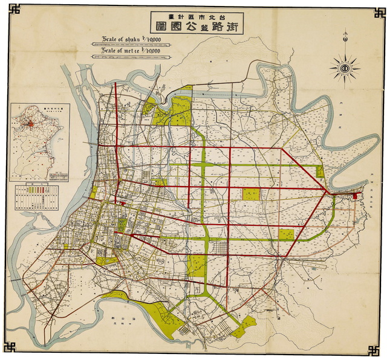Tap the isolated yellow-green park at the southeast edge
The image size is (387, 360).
[244, 327]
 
